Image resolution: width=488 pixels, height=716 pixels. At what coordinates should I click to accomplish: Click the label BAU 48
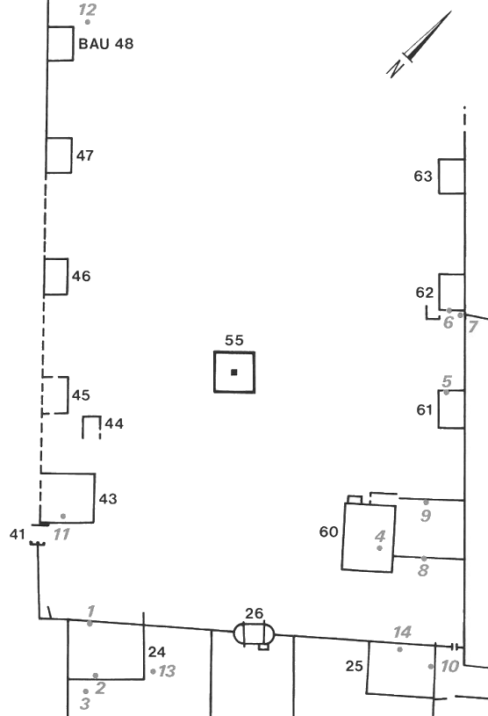(x=106, y=44)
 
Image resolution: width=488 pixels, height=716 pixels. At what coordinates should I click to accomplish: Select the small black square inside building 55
(x=234, y=372)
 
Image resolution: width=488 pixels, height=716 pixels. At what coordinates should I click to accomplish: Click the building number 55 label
(x=234, y=340)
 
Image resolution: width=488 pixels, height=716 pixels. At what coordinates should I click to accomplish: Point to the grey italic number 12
(x=87, y=9)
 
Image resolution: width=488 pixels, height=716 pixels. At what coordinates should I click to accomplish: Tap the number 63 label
(x=423, y=177)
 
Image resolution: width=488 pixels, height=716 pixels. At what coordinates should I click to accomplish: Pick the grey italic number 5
(x=447, y=380)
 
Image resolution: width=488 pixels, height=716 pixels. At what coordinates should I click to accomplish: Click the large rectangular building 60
(x=369, y=537)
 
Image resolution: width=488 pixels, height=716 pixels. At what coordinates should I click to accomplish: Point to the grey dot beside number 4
(x=379, y=548)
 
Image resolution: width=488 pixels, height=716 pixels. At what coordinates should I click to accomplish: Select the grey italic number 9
(x=426, y=516)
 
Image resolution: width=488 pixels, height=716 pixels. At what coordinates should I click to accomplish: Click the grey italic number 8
(x=423, y=570)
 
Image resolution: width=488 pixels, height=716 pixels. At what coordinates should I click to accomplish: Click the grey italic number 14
(x=402, y=633)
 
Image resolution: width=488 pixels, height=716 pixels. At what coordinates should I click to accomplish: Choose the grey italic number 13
(x=167, y=671)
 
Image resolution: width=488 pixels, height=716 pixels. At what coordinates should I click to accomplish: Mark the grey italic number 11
(x=61, y=534)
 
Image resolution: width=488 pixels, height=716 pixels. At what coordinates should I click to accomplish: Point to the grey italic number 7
(x=472, y=327)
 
